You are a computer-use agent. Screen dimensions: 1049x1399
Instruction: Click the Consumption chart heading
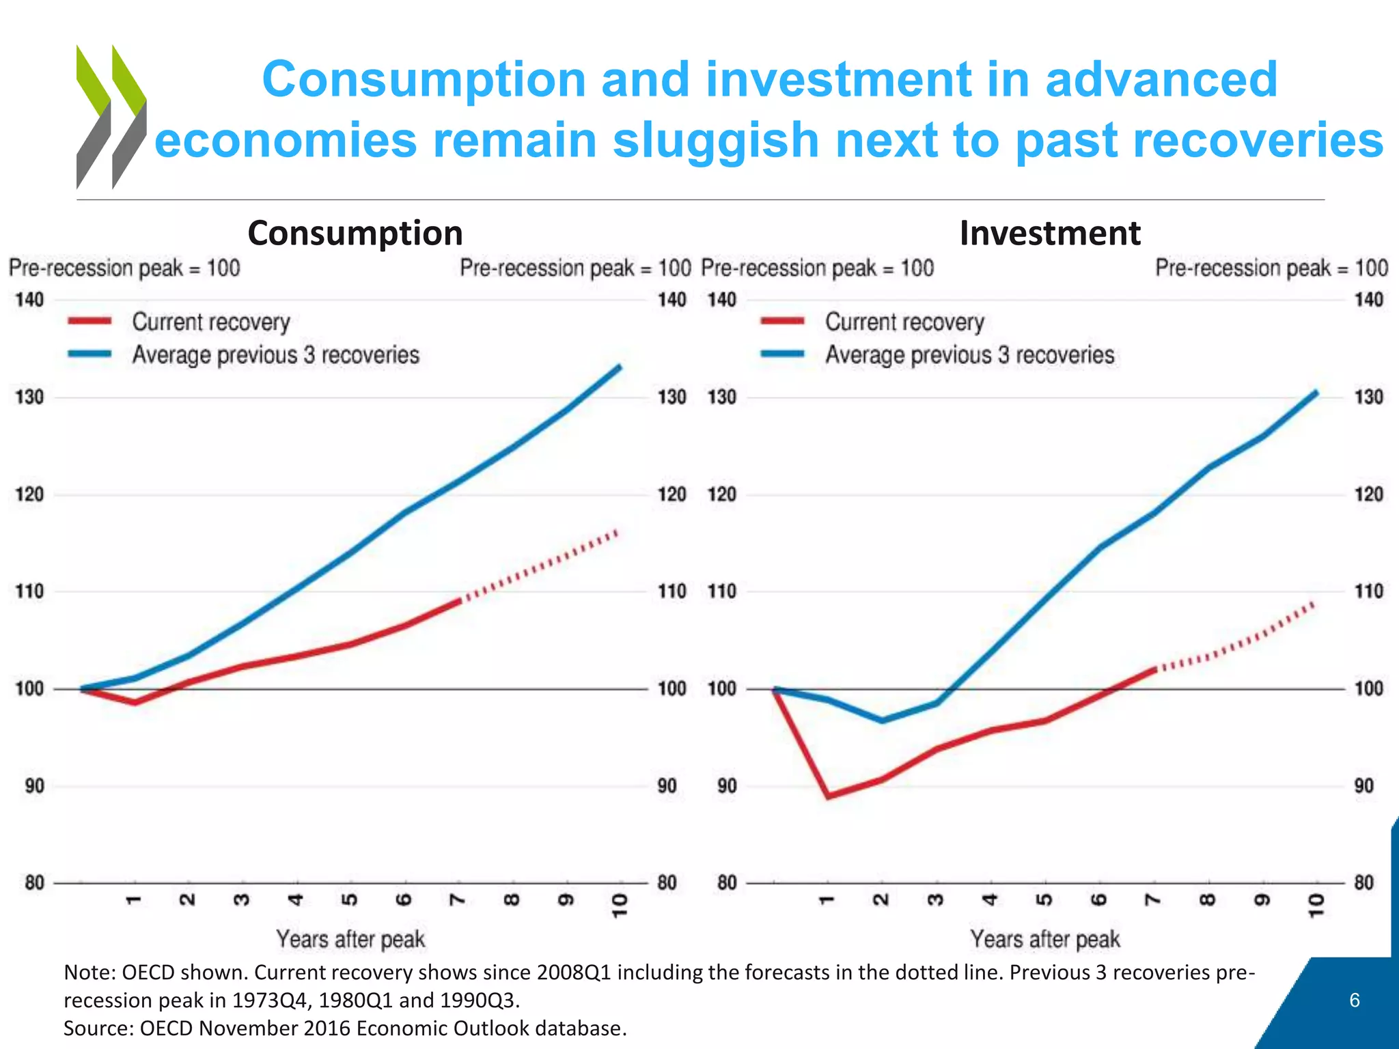coord(355,233)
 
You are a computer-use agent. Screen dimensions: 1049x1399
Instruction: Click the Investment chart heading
coord(1049,233)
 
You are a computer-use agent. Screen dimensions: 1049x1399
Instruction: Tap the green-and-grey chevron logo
coord(111,117)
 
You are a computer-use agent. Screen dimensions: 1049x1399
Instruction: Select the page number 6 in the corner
coord(1355,1001)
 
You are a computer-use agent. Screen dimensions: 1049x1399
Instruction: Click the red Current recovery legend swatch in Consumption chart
coord(89,321)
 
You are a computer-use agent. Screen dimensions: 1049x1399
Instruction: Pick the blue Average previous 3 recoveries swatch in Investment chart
coord(783,354)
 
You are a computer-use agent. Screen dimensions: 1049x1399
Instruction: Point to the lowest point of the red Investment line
coord(829,796)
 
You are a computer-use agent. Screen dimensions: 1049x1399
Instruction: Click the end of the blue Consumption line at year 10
coord(620,367)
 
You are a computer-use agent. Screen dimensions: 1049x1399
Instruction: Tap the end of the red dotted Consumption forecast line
coord(617,531)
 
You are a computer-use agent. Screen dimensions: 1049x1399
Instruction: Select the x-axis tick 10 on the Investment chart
coord(1316,905)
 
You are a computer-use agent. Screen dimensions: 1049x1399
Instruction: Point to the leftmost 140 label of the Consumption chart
coord(29,300)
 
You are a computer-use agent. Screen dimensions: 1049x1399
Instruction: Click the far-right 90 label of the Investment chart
coord(1363,786)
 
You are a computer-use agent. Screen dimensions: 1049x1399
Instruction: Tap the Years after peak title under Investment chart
coord(1045,939)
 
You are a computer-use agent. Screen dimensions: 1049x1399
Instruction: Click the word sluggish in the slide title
coord(715,140)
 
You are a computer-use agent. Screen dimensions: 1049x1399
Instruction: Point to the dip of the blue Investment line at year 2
coord(883,720)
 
